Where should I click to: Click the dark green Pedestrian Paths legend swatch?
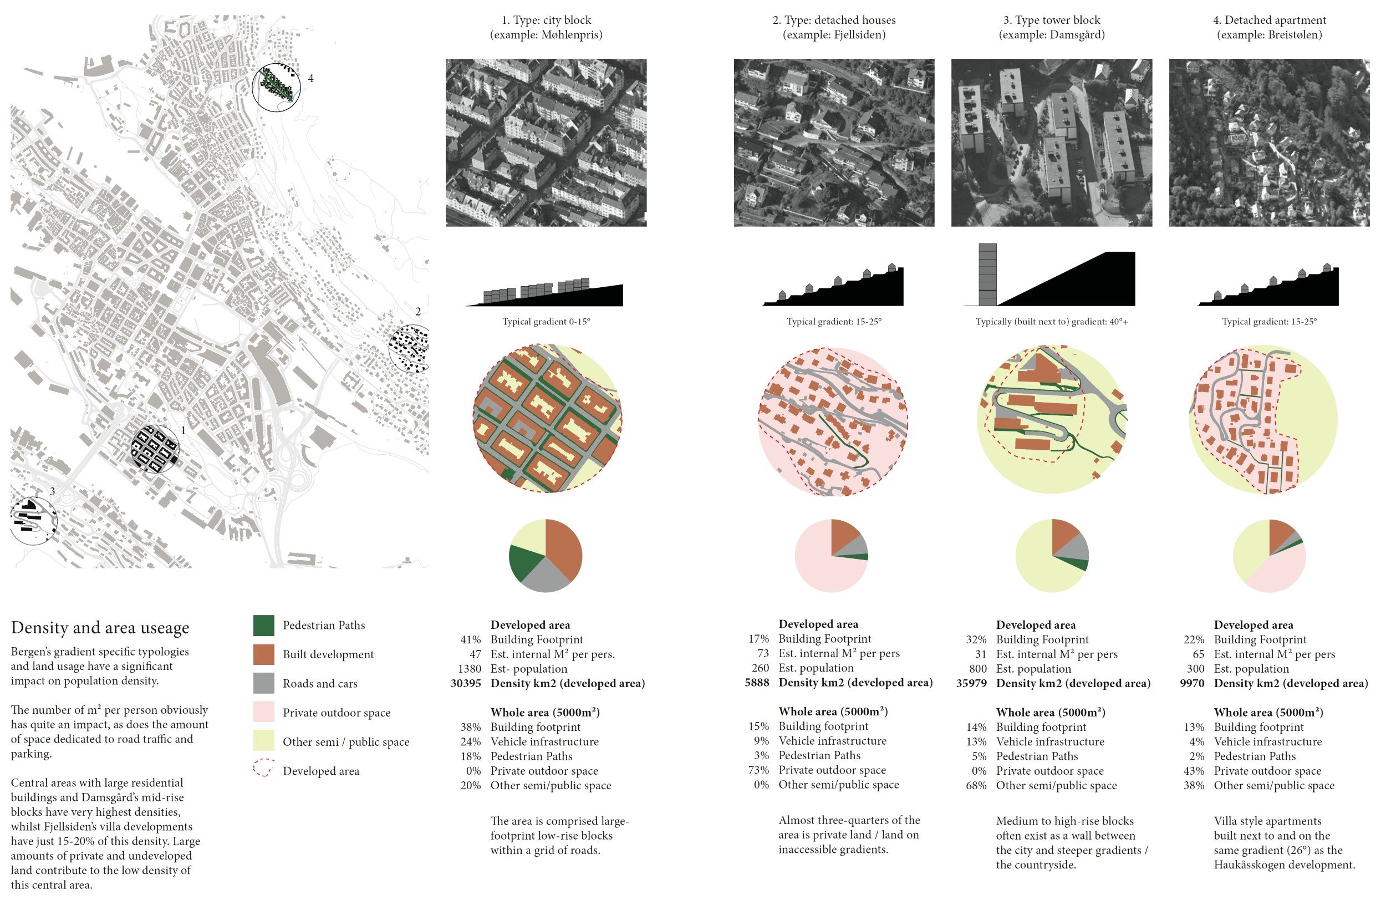coord(264,626)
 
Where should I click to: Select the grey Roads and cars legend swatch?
coord(264,683)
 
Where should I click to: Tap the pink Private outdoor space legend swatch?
coord(264,713)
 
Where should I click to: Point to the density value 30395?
coord(466,683)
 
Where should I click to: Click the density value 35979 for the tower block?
coord(971,683)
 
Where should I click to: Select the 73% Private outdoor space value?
coord(759,770)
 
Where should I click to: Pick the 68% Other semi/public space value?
coord(976,785)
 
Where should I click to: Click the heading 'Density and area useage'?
coord(100,628)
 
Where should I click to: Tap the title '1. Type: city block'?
coord(546,20)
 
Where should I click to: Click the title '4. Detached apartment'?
coord(1270,20)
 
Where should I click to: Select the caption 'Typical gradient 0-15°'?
coord(546,322)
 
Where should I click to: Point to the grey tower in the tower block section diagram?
coord(987,274)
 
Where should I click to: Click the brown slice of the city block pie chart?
coord(563,548)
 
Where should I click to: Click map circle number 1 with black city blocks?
coord(155,449)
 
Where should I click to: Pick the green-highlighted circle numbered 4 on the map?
coord(277,87)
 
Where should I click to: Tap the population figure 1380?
coord(470,669)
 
